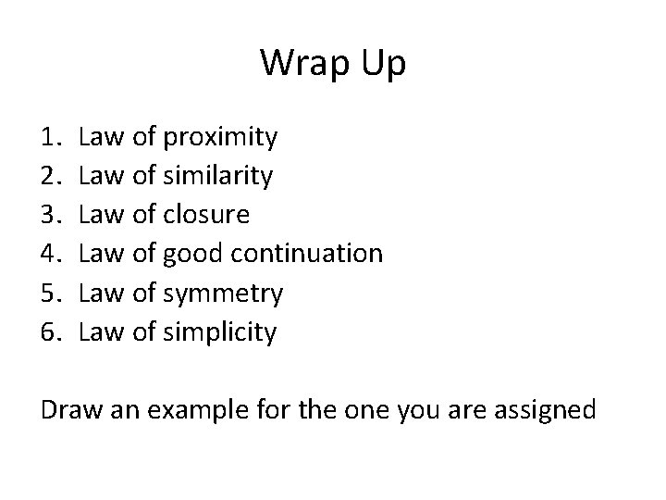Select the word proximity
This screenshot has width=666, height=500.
pos(218,139)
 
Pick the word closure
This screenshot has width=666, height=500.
pos(205,215)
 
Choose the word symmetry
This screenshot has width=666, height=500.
pos(222,294)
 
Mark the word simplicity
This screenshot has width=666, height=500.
pos(219,332)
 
